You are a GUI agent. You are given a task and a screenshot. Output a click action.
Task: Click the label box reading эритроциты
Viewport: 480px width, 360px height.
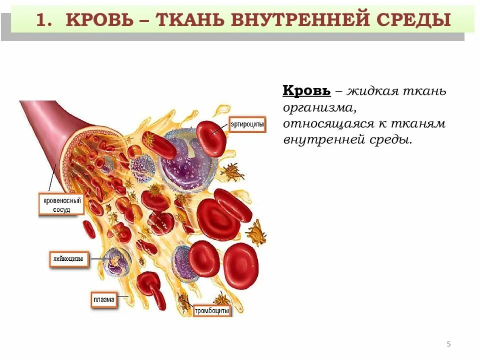pyautogui.click(x=247, y=124)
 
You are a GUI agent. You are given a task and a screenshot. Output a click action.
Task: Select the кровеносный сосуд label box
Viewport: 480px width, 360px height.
pyautogui.click(x=61, y=205)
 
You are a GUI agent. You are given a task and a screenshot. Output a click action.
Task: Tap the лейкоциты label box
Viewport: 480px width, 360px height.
pyautogui.click(x=69, y=259)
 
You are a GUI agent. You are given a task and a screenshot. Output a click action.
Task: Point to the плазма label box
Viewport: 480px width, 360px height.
pyautogui.click(x=104, y=300)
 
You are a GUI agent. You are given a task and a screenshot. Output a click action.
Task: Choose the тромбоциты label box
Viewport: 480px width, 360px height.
pyautogui.click(x=212, y=310)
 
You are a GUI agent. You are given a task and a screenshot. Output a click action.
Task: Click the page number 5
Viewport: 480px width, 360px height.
pyautogui.click(x=448, y=344)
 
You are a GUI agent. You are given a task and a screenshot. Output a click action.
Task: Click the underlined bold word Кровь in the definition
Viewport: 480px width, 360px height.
pyautogui.click(x=306, y=91)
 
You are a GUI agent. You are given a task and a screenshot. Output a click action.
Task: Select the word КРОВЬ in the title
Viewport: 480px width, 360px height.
pyautogui.click(x=100, y=20)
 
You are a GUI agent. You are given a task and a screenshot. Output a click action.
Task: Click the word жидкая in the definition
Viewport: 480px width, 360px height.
pyautogui.click(x=372, y=91)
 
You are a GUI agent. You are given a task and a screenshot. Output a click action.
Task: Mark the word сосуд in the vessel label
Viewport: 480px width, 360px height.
pyautogui.click(x=61, y=210)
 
